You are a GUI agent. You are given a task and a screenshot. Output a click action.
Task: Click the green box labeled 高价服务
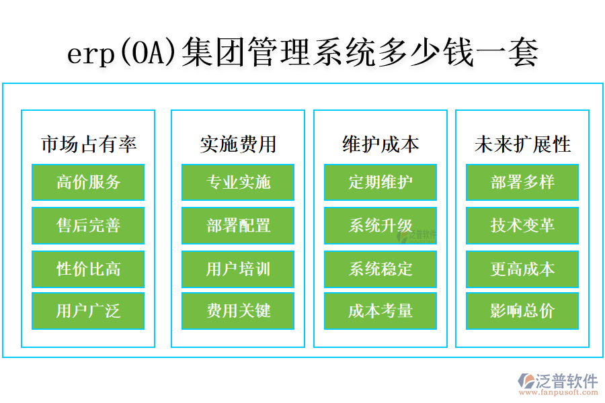88,182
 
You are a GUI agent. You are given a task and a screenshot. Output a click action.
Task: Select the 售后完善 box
88,226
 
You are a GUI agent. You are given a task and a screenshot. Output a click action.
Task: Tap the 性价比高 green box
88,269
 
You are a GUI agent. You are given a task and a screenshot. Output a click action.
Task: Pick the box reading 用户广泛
88,311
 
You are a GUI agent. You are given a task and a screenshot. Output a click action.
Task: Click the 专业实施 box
238,182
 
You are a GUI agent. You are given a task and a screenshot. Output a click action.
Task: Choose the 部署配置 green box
238,226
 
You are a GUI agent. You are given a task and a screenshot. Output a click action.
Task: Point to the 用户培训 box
238,269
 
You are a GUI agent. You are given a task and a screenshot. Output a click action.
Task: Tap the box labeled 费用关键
238,311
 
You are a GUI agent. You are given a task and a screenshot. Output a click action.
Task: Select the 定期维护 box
380,182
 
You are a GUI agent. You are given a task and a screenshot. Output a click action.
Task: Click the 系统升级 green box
380,226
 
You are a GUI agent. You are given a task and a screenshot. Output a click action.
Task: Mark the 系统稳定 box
380,269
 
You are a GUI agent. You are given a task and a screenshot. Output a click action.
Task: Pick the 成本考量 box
380,311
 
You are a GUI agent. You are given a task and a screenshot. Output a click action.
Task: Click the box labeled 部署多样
522,182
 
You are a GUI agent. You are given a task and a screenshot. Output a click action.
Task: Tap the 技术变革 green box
522,226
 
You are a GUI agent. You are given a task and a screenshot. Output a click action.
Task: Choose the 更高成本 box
522,269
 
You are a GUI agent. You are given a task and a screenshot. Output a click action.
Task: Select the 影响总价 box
522,311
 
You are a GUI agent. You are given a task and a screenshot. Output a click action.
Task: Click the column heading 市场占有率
89,144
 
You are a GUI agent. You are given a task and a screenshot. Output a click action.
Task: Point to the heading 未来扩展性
522,144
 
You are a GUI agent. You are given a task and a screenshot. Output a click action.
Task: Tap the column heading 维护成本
380,144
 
